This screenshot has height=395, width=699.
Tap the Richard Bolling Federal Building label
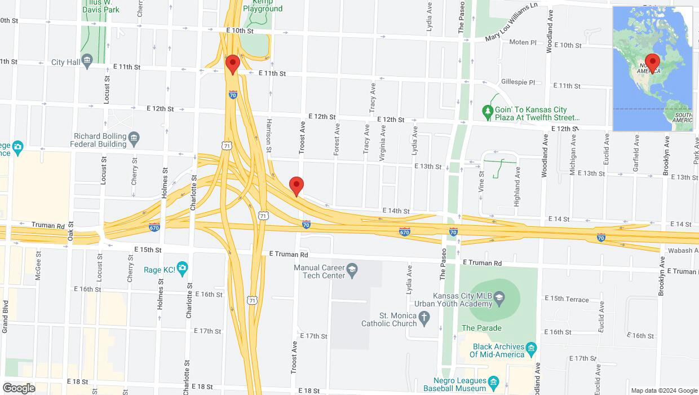point(99,140)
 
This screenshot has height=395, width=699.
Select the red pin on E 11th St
point(232,64)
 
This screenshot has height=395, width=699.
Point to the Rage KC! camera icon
point(182,269)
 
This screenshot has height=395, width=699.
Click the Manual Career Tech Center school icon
point(352,269)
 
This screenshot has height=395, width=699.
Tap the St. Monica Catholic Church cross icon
point(425,320)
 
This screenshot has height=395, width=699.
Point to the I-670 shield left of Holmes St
point(154,227)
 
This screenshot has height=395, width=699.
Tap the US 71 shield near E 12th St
point(226,146)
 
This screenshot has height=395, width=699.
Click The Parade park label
point(481,328)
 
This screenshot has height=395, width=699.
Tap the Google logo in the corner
point(19,388)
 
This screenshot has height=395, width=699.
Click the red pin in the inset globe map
point(653,63)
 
